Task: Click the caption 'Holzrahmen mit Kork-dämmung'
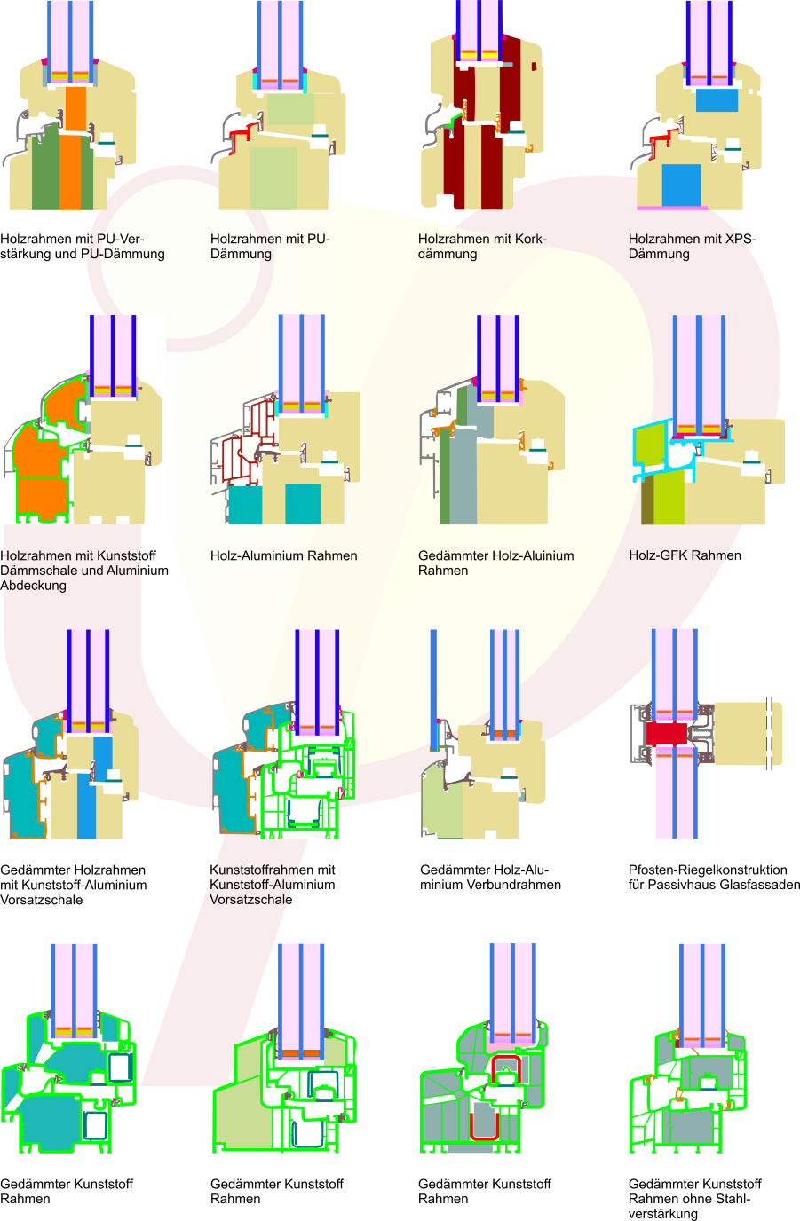(482, 247)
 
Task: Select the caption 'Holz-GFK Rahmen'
(685, 555)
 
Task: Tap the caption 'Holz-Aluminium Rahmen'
(283, 555)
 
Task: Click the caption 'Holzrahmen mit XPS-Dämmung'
(692, 247)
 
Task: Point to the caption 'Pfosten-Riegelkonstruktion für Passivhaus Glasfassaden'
(714, 878)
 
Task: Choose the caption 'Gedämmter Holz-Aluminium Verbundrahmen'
(490, 878)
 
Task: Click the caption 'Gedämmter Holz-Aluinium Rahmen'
(495, 563)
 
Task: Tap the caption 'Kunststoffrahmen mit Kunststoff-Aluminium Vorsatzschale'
(272, 885)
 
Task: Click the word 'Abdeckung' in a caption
(33, 586)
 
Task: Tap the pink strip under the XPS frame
(672, 209)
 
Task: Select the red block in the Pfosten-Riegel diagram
(666, 733)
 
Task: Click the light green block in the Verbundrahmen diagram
(441, 804)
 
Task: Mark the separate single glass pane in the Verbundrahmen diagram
(433, 688)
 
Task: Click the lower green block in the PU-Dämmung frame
(273, 177)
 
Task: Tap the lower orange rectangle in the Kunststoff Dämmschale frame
(44, 498)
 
